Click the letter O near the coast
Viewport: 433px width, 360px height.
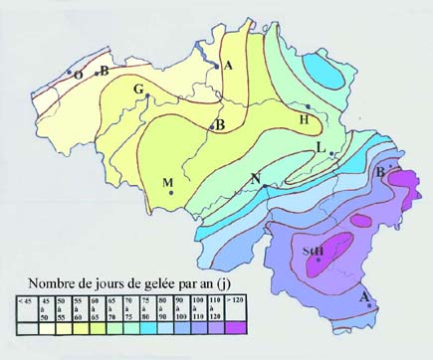(77, 75)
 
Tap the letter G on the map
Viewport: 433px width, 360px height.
(139, 90)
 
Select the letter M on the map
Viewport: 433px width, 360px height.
(167, 181)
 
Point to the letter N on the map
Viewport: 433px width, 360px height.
(256, 179)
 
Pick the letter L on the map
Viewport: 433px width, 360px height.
(320, 147)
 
